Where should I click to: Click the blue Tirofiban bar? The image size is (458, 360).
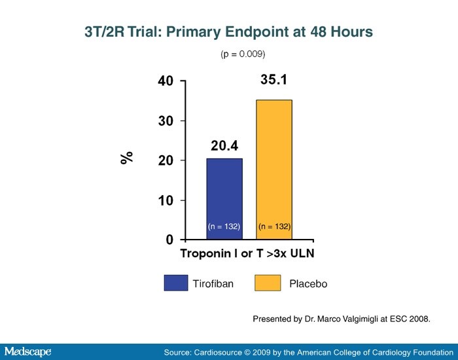pyautogui.click(x=224, y=196)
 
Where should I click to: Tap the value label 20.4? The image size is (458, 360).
pyautogui.click(x=224, y=146)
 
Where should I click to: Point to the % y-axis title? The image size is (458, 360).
pyautogui.click(x=127, y=157)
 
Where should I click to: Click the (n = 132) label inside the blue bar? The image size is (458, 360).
pyautogui.click(x=224, y=226)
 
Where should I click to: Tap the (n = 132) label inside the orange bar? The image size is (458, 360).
pyautogui.click(x=275, y=226)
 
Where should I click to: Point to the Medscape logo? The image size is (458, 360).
pyautogui.click(x=27, y=351)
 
